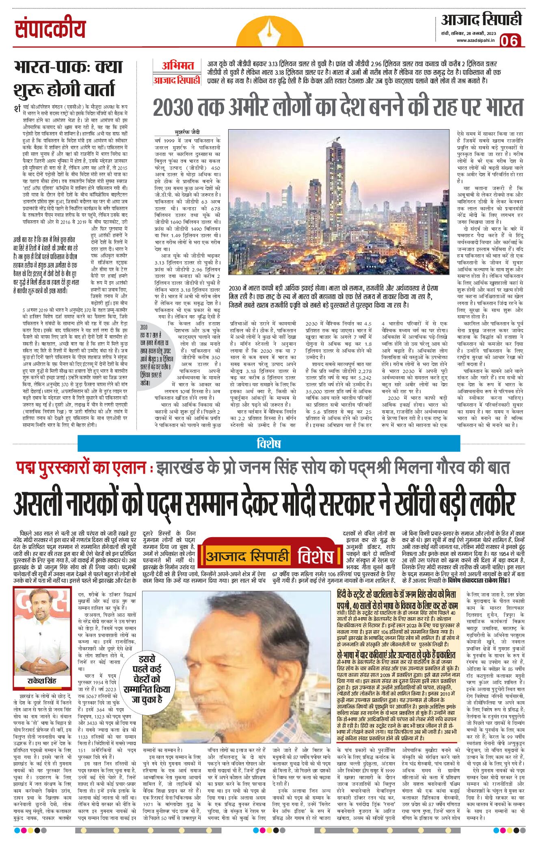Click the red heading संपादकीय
50,29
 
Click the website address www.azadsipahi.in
475,40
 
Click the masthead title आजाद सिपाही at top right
481,20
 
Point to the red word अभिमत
178,65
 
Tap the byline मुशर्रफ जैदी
187,132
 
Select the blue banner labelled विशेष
269,443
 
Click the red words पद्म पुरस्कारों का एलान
81,468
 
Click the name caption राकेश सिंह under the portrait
42,681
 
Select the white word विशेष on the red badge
315,556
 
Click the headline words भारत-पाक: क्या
68,67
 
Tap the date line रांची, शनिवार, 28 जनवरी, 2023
469,33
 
